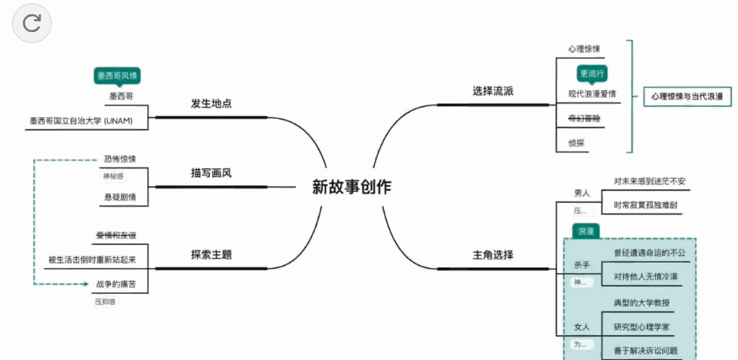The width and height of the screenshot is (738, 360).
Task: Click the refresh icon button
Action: (x=32, y=23)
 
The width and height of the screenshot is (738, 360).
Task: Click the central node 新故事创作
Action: (x=352, y=188)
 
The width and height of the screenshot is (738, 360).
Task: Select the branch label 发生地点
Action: (x=211, y=104)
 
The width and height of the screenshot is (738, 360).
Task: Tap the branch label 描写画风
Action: (x=211, y=173)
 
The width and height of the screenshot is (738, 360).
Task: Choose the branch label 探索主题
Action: (x=211, y=255)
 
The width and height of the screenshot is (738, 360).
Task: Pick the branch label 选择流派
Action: (x=493, y=91)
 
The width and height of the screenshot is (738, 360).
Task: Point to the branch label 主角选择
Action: (x=493, y=255)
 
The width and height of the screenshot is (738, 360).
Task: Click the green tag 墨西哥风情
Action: (x=117, y=76)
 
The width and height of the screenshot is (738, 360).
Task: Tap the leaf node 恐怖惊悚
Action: (x=120, y=159)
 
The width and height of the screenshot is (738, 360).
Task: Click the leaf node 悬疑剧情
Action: (x=120, y=195)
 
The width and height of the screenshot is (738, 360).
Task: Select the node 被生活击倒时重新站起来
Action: (x=93, y=259)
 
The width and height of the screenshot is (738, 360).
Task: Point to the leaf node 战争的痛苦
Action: (x=116, y=283)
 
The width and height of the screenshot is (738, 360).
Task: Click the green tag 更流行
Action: (x=592, y=73)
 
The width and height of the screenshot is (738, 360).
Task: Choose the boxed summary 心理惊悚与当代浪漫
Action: (x=686, y=97)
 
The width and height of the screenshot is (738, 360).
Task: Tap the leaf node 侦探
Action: (x=577, y=143)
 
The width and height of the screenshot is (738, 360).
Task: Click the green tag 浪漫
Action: (x=586, y=231)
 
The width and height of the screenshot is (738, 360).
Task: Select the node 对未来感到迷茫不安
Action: (x=649, y=181)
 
